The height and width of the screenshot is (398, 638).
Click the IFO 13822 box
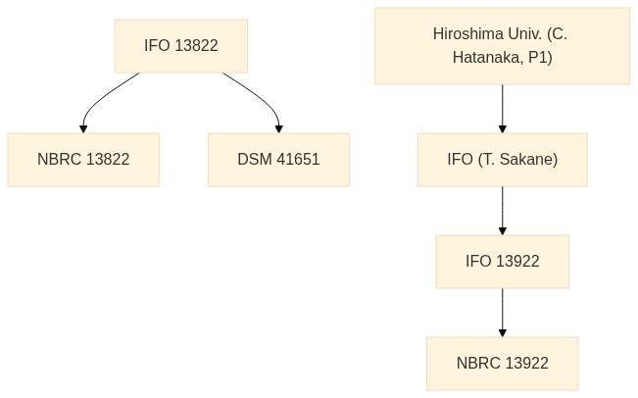click(181, 46)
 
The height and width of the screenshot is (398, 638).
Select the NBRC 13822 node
click(83, 160)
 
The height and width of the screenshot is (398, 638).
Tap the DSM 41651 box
click(278, 160)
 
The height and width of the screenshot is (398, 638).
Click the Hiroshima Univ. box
click(502, 46)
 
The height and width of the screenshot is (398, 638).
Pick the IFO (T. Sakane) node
click(503, 160)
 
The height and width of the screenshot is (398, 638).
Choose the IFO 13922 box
click(503, 262)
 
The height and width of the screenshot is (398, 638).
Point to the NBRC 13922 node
click(503, 364)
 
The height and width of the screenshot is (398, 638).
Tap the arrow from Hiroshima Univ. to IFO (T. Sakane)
click(503, 109)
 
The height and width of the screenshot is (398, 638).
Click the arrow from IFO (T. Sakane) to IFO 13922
click(503, 211)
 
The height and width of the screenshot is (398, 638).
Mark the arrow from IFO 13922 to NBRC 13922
click(503, 313)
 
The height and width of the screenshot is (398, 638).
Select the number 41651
click(298, 159)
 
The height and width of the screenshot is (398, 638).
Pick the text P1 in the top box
click(540, 58)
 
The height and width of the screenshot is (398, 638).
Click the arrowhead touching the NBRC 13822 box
click(83, 129)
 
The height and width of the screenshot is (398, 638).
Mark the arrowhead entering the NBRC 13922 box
click(503, 333)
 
